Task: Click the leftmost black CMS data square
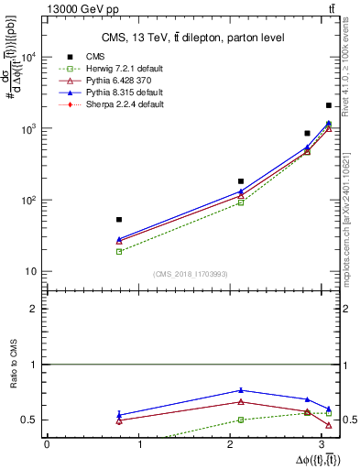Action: [x=119, y=220]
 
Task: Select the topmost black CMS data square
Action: [x=328, y=105]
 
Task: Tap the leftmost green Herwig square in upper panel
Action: [x=119, y=251]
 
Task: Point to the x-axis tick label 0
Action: [x=47, y=444]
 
